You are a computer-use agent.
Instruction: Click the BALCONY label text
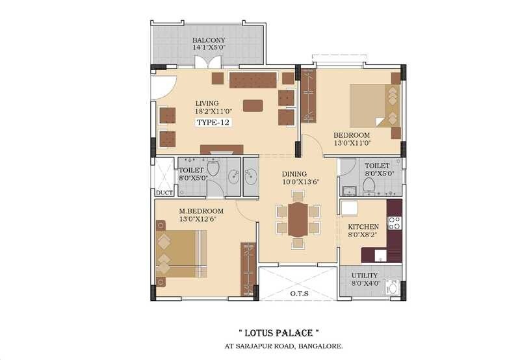(209, 40)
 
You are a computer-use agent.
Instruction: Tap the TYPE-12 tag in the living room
(214, 122)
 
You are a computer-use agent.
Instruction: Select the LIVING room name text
(207, 103)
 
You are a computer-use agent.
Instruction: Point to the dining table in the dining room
(298, 220)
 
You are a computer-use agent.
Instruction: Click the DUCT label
(162, 192)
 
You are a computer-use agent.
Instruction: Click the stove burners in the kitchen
(395, 223)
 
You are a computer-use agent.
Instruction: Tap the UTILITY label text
(365, 276)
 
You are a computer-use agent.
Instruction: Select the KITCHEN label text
(363, 227)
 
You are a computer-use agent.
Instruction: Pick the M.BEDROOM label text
(201, 211)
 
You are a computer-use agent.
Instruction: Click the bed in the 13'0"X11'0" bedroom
(374, 105)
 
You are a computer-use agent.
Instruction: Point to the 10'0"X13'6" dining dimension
(300, 182)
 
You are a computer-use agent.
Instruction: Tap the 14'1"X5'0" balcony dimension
(209, 48)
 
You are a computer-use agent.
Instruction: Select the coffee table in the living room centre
(253, 105)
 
